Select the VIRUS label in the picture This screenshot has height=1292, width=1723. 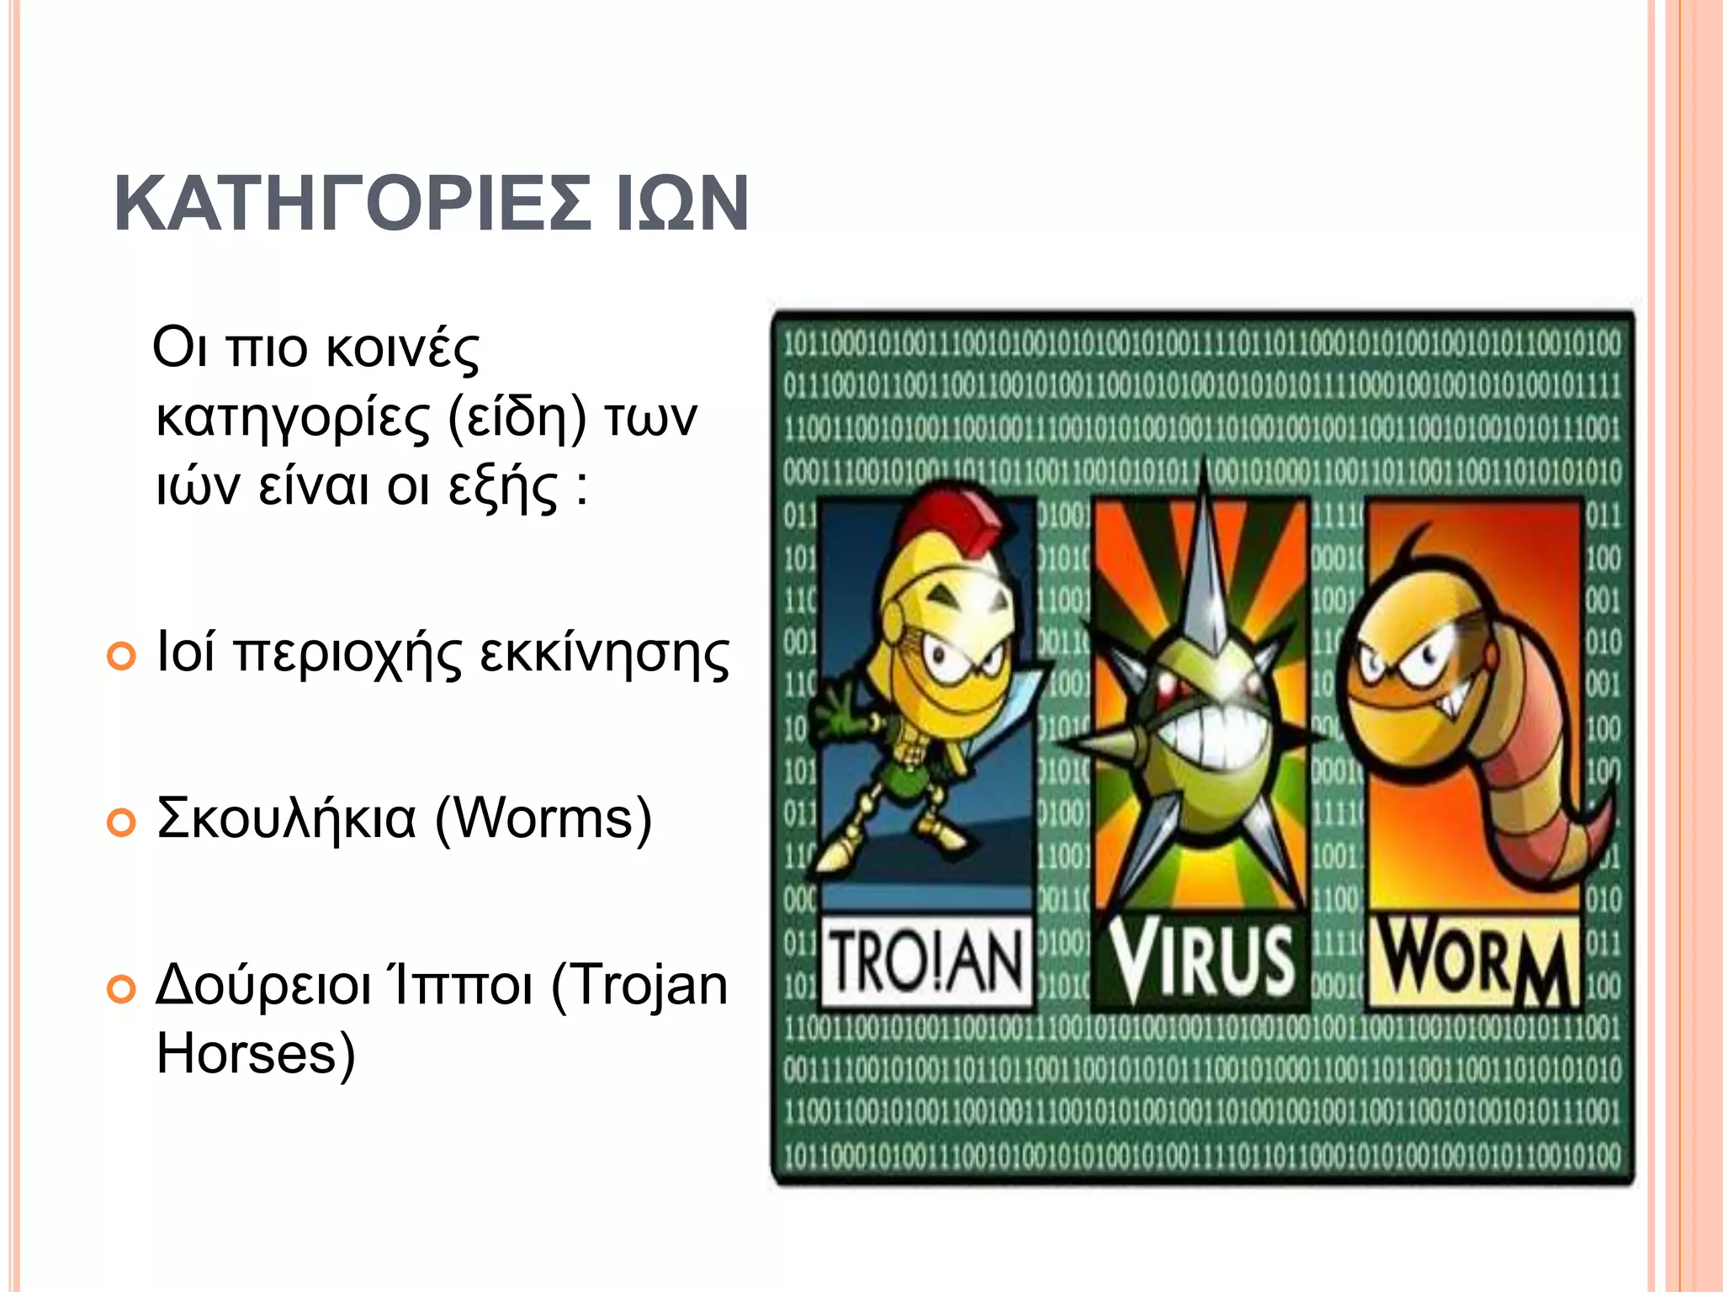click(1201, 960)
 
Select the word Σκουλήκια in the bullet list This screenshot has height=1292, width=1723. click(286, 818)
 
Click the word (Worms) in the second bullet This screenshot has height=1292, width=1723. click(543, 818)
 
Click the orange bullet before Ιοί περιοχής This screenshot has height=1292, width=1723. click(122, 656)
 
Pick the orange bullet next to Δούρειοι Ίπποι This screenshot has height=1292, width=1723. click(122, 990)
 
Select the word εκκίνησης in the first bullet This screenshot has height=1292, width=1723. click(604, 655)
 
